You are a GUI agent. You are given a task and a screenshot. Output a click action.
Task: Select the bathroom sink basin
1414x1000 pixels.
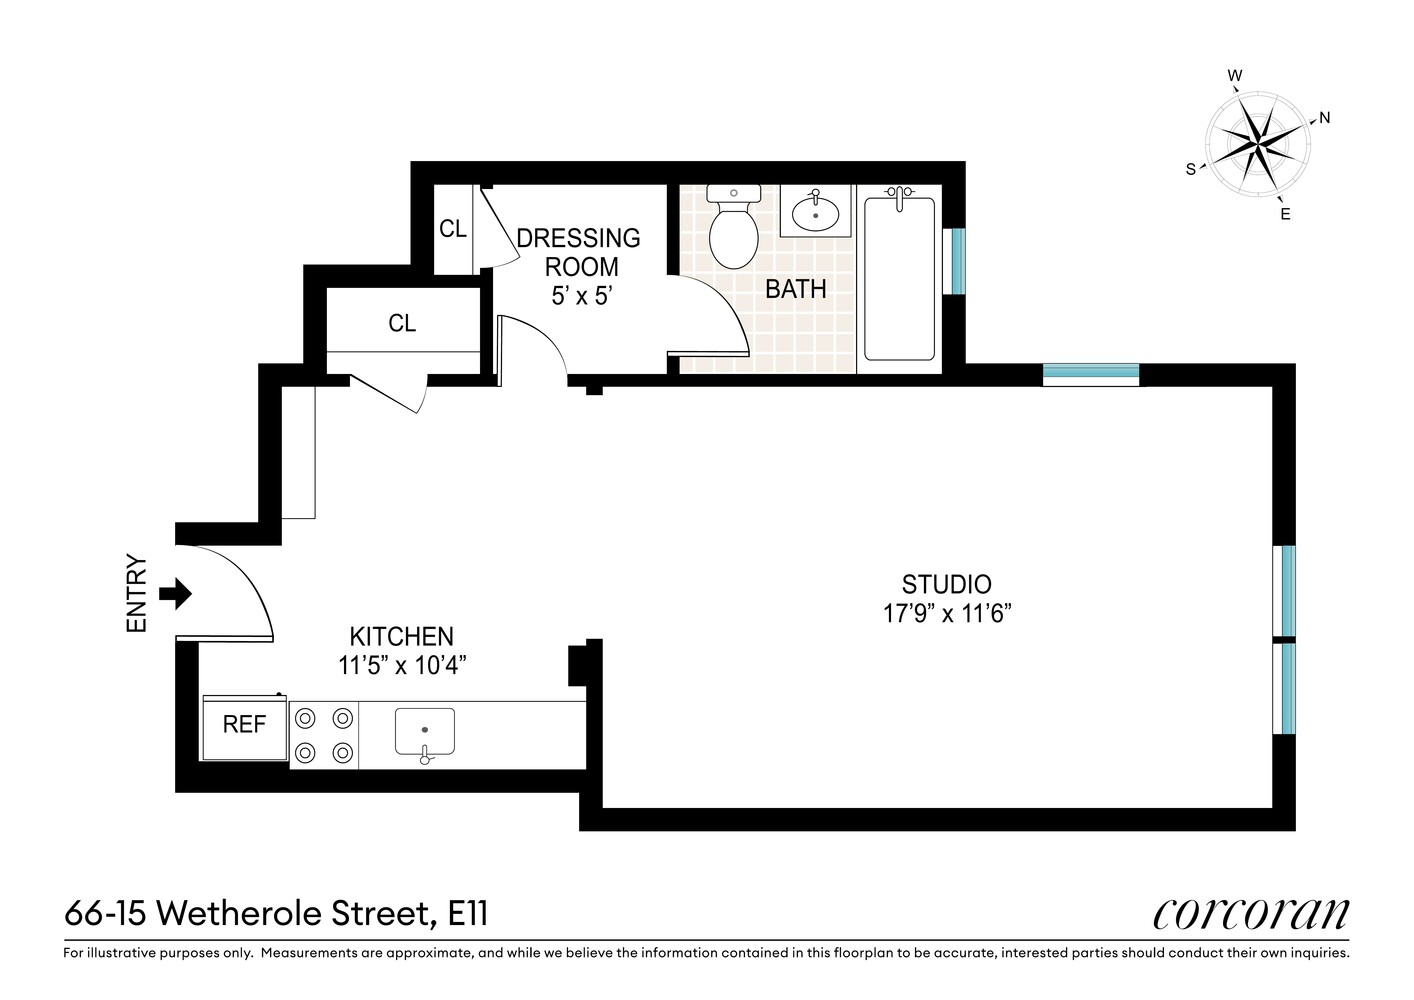(x=816, y=213)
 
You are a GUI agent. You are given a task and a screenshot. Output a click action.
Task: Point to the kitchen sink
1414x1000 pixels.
(x=425, y=731)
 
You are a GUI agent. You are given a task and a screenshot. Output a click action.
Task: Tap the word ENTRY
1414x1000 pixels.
(x=137, y=594)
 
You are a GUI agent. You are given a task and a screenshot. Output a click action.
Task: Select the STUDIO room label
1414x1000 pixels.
(x=946, y=584)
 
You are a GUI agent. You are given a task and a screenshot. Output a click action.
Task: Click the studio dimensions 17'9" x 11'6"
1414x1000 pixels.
(x=947, y=613)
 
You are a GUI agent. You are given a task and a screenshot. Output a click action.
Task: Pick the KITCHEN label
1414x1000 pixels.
(x=401, y=636)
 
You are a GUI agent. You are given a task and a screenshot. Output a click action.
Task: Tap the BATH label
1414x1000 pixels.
(x=795, y=289)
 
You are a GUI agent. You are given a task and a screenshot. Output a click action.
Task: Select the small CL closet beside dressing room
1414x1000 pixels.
(x=452, y=229)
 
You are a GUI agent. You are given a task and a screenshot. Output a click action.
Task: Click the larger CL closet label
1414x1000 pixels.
(x=402, y=323)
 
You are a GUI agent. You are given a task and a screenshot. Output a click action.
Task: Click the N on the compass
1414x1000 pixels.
(x=1325, y=118)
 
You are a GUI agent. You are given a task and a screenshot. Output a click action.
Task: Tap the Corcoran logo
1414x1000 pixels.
(x=1250, y=912)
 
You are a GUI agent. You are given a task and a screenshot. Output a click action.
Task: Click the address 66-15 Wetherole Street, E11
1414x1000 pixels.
(x=276, y=913)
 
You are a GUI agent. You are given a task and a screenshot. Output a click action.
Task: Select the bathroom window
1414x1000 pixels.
(x=957, y=262)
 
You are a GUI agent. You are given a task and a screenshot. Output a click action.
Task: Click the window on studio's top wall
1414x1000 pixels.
(x=1090, y=374)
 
